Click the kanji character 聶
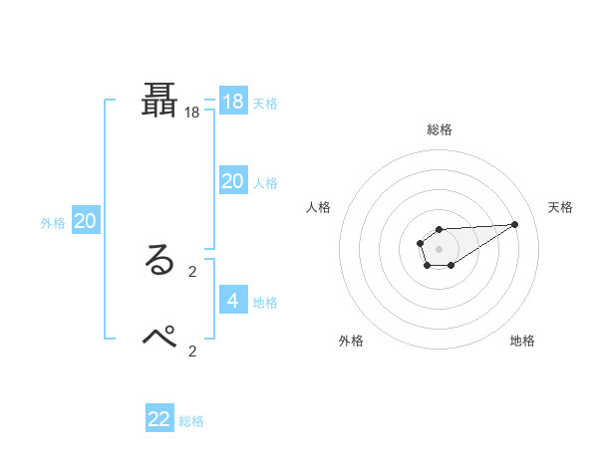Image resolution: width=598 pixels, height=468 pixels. point(160,103)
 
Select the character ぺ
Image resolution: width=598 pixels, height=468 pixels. point(160,338)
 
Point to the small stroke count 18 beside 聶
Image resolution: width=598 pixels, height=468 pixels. point(192,114)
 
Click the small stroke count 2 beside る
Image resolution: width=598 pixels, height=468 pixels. point(192,271)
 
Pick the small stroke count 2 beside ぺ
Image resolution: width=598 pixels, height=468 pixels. point(192,351)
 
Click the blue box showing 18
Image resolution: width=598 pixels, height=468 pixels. point(233,102)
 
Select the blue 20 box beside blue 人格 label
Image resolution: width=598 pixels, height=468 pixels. point(233,181)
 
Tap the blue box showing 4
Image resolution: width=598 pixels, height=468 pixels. point(233,301)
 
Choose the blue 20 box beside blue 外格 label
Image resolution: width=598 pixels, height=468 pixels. point(85,222)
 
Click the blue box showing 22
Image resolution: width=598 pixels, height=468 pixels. point(159,419)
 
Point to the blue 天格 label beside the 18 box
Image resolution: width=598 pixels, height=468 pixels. point(265,104)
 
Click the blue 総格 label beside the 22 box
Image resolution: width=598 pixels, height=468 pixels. point(191,421)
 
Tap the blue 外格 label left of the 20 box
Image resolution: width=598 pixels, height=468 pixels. point(53,223)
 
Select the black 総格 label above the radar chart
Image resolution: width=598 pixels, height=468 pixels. point(440,129)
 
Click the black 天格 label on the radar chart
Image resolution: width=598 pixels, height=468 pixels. point(560,207)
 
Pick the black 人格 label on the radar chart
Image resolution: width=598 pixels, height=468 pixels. point(319,207)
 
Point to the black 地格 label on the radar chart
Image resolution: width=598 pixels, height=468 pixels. point(522,341)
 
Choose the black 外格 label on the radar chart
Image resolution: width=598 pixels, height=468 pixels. point(351,341)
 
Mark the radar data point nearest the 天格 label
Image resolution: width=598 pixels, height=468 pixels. point(515,223)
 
